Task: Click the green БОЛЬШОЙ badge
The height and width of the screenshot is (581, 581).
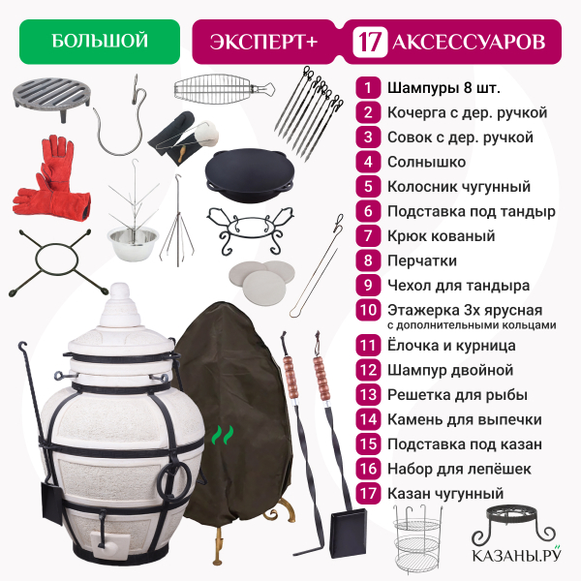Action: pos(100,42)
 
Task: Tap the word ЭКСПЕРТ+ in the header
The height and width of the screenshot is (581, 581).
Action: pos(263,42)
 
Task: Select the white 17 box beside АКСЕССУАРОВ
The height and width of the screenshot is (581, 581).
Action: pos(370,42)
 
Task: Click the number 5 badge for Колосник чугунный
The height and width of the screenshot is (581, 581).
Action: pos(368,186)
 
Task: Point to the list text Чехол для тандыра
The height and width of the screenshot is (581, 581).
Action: pos(458,286)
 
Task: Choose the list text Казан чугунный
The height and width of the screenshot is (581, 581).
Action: pos(445,494)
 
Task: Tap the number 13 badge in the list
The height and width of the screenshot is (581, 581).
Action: pos(368,395)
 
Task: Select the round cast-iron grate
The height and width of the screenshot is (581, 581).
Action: pos(51,97)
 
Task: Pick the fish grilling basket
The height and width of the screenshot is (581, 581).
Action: pos(224,89)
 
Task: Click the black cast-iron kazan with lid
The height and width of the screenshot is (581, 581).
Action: pos(250,175)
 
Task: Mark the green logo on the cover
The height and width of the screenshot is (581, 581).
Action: pos(223,435)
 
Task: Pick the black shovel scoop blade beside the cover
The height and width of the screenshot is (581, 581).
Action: pos(349,534)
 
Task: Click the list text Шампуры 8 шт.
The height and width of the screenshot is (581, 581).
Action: pos(443,88)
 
